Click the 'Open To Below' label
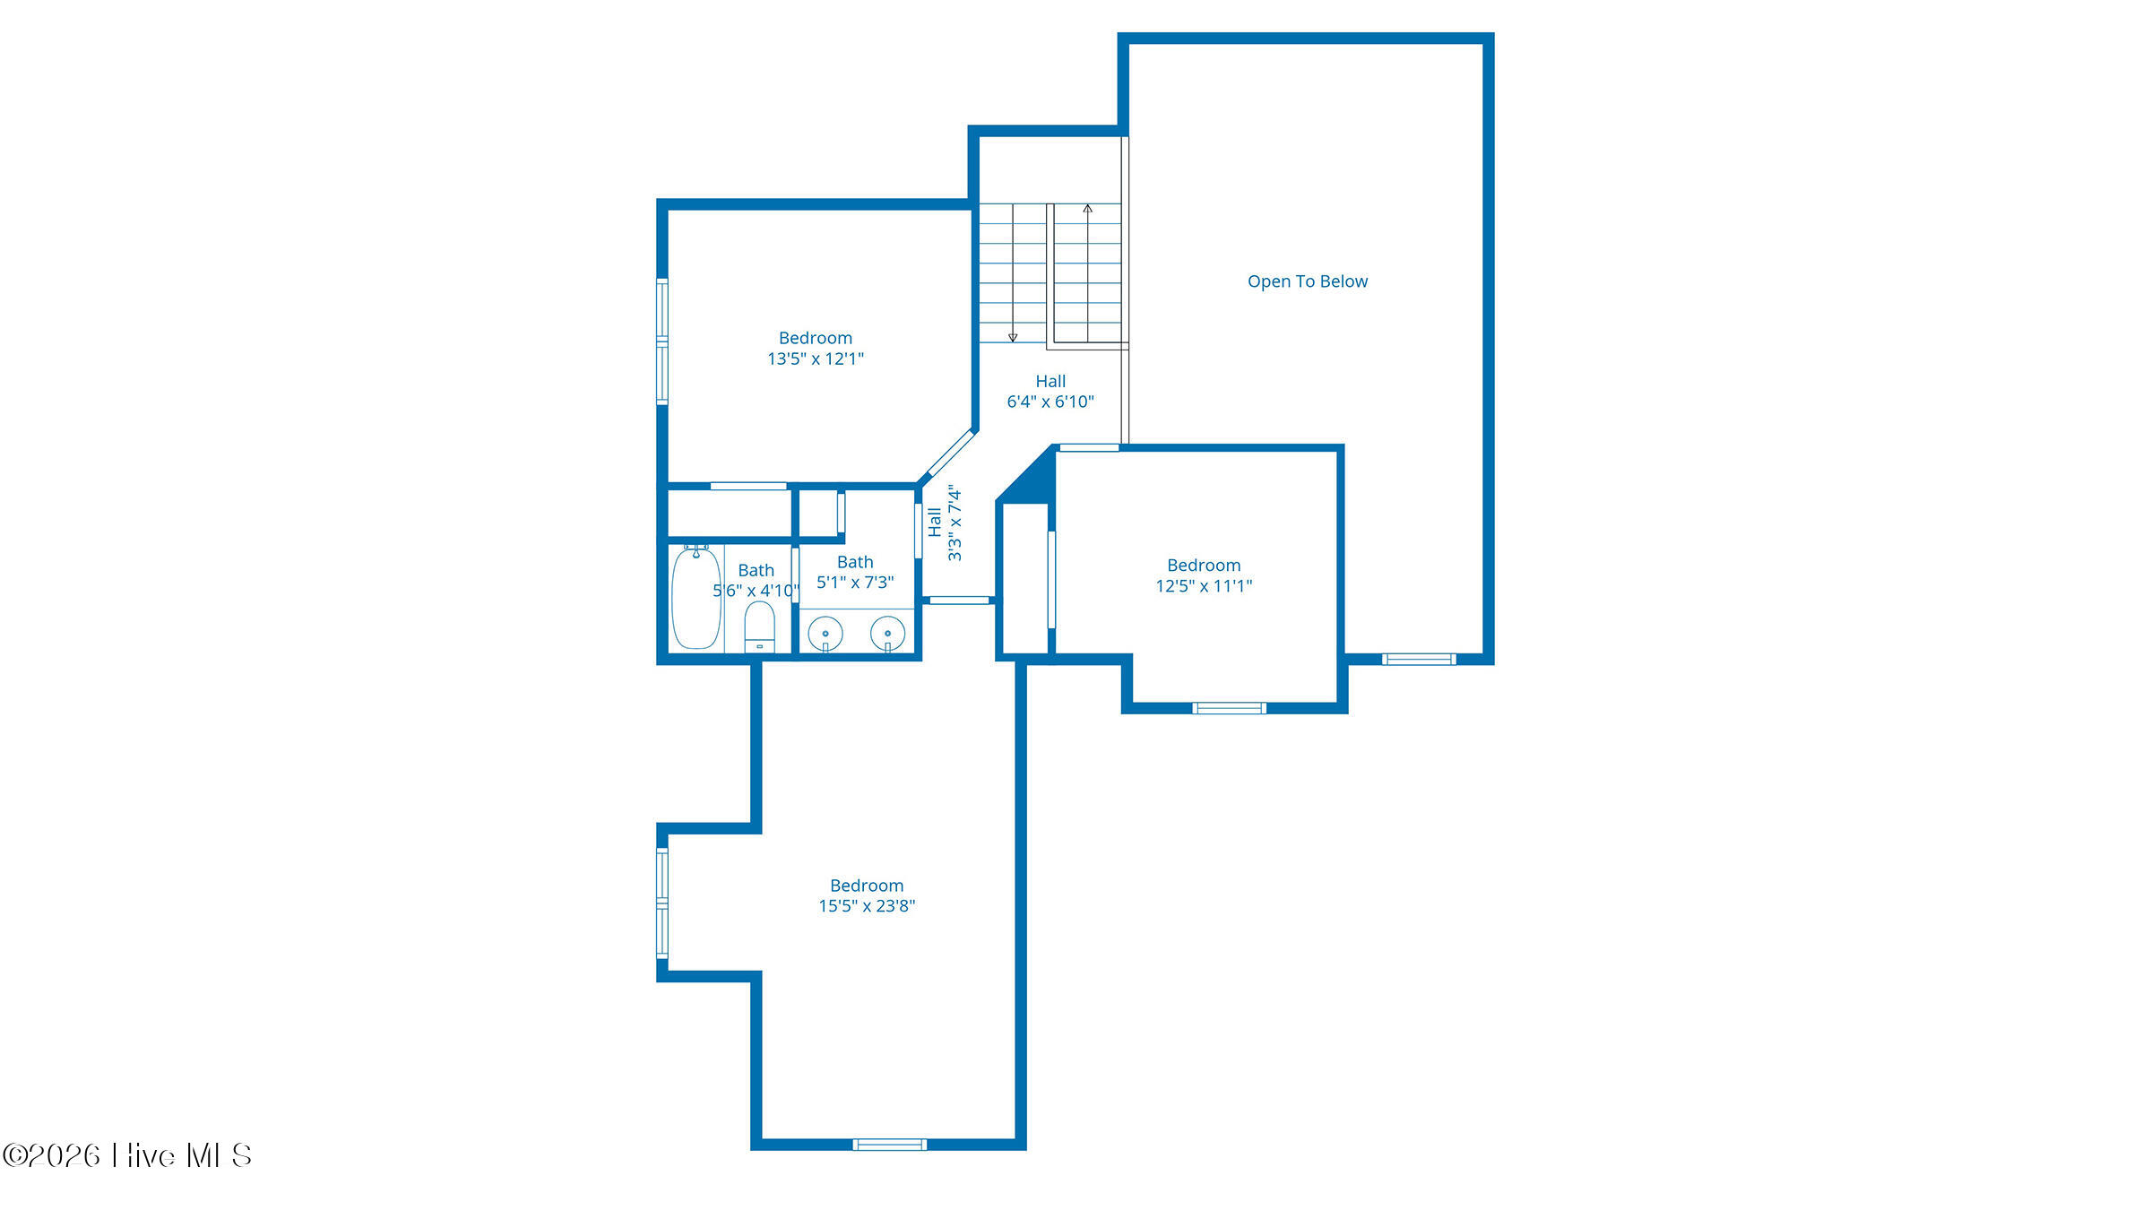click(1308, 281)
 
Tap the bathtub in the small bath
click(696, 598)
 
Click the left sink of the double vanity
click(825, 634)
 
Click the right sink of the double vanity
click(887, 634)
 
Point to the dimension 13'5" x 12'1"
click(816, 359)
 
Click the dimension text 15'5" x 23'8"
click(867, 906)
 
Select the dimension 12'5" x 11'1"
click(1204, 586)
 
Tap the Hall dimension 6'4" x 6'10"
click(1050, 402)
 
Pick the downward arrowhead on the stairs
click(1013, 338)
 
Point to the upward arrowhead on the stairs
click(1087, 209)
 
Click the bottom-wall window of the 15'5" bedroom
click(889, 1145)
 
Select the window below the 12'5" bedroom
click(1229, 708)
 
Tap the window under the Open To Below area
click(1419, 660)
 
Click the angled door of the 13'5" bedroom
click(949, 454)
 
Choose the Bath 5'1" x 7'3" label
click(855, 572)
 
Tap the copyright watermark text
click(126, 1155)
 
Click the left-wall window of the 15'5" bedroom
click(662, 903)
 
